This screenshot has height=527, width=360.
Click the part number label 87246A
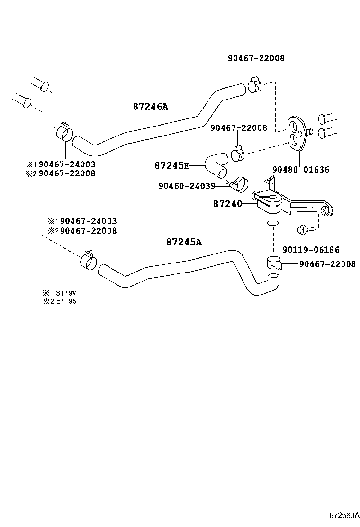point(150,107)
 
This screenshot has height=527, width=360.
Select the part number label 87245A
point(184,242)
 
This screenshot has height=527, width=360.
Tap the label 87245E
point(171,165)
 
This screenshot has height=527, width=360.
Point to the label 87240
point(227,204)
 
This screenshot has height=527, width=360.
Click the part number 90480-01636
point(300,169)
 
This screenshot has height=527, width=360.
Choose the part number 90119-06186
point(311,250)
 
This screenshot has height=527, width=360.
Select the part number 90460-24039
point(187,186)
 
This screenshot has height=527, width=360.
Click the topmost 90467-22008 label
point(256,58)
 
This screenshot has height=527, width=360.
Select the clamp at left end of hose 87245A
point(88,260)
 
